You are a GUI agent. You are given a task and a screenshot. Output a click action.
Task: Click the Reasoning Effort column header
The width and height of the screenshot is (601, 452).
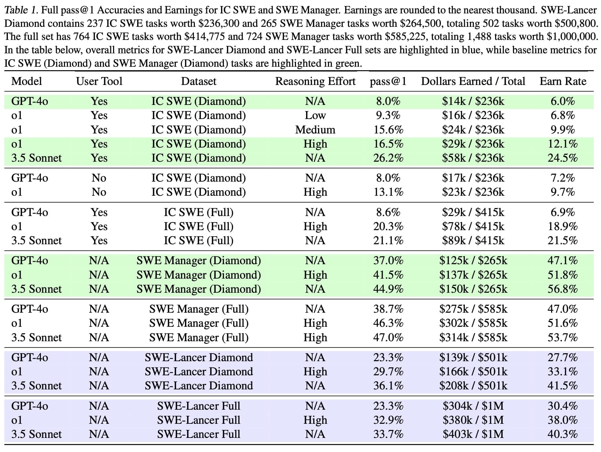point(315,82)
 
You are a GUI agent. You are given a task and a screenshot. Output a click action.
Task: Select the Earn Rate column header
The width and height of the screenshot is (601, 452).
point(563,81)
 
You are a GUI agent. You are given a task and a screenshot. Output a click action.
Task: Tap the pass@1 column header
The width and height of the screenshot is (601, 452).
point(388,82)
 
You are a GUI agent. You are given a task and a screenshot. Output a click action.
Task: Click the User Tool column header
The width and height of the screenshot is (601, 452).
point(99,81)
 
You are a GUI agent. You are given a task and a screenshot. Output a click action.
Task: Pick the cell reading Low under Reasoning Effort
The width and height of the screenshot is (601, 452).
point(315,115)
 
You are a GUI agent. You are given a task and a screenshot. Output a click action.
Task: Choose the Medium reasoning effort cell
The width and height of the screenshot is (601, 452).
point(315,130)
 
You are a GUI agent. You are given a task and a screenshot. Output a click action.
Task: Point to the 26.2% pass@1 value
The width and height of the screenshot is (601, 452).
point(388,158)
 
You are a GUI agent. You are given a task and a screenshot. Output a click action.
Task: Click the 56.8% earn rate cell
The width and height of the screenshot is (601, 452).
point(562,289)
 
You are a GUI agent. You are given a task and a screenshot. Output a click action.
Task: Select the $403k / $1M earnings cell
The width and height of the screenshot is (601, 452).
point(473,434)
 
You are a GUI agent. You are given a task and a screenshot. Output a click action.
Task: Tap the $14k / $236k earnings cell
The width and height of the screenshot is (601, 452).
point(473,101)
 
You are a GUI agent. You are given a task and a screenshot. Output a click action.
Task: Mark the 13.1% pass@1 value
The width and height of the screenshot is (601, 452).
point(388,192)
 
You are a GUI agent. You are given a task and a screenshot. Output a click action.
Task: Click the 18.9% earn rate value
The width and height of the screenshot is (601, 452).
point(562,226)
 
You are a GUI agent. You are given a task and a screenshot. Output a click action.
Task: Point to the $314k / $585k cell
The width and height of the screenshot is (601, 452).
point(473,337)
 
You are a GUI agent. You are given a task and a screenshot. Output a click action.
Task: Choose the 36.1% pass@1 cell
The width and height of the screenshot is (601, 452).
point(388,386)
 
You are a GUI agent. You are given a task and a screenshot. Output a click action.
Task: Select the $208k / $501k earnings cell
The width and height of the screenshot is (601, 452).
point(473,386)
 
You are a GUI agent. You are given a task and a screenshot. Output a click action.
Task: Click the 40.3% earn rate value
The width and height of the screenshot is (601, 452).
point(562,434)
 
